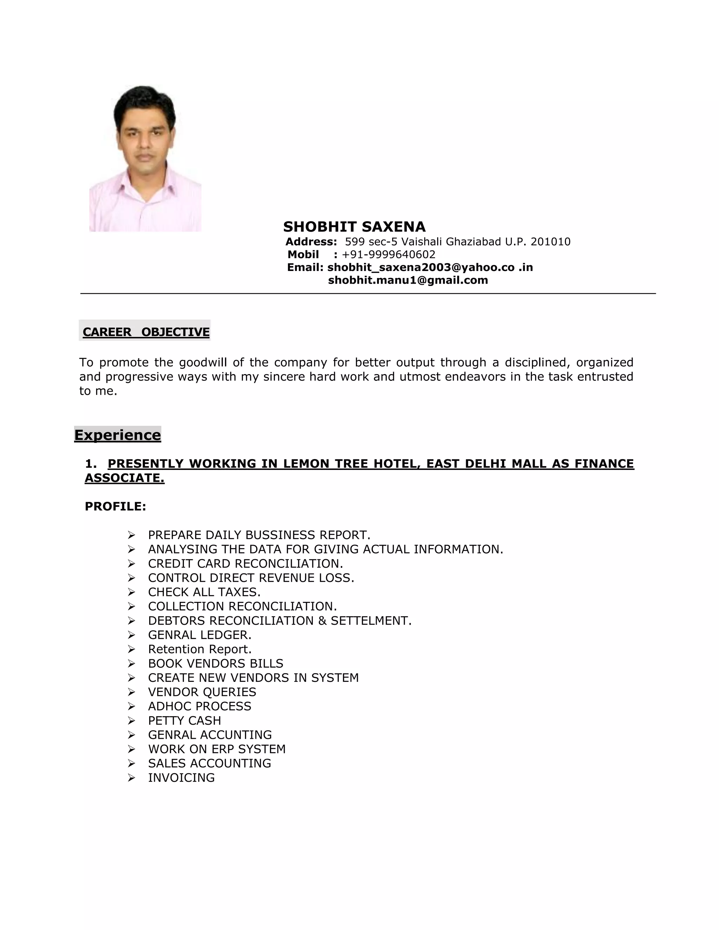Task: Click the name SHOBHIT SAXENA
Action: tap(354, 227)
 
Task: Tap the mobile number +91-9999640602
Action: tap(389, 255)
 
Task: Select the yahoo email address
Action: tap(430, 267)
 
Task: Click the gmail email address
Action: tap(408, 280)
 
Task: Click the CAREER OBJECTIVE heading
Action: tap(146, 332)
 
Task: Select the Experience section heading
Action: tap(118, 435)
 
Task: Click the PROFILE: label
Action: tap(116, 506)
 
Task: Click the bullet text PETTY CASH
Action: tap(184, 720)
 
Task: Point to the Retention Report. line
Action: tap(200, 649)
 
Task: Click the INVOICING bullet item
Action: tap(182, 778)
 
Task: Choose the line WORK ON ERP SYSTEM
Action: tap(217, 749)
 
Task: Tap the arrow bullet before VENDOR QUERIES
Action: tap(131, 692)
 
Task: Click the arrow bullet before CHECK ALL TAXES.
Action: tap(131, 592)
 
